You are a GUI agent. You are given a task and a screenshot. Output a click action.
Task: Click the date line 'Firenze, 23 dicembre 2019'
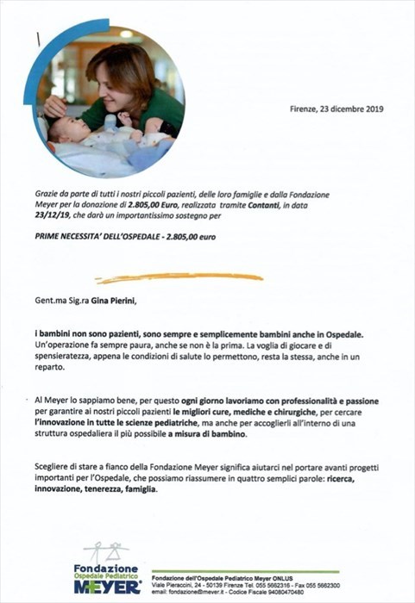pos(336,109)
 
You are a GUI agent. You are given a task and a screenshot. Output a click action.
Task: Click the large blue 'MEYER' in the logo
pos(107,586)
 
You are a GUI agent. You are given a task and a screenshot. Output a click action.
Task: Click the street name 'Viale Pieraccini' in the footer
pos(174,583)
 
